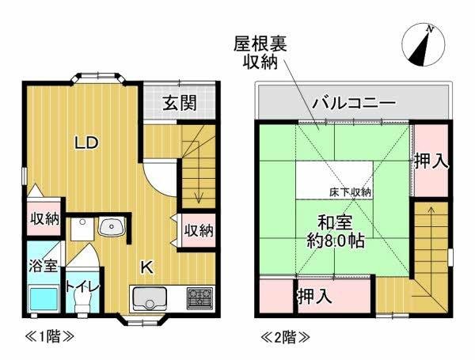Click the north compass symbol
coord(424,44)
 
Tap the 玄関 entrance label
coord(180,103)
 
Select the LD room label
coord(86,143)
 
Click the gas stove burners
coord(199,299)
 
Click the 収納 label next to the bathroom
coord(45,218)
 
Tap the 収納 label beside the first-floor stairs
coord(198,230)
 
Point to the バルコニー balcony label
coord(354,102)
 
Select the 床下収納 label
coord(351,191)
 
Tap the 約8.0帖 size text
coord(335,240)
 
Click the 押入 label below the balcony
coord(431,161)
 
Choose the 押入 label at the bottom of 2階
coord(314,297)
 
